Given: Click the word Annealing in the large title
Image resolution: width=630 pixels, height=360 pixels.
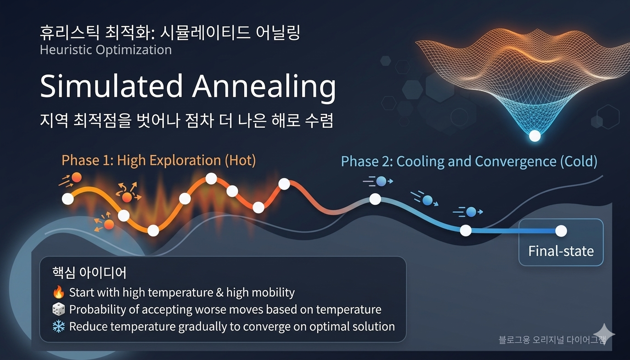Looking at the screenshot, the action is (x=264, y=87).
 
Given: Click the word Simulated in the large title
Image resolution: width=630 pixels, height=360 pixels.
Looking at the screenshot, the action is (x=112, y=85).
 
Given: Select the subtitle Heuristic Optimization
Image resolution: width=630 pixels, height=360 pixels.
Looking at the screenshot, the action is (x=106, y=50).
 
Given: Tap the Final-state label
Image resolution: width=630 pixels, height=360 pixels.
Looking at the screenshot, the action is (x=561, y=251).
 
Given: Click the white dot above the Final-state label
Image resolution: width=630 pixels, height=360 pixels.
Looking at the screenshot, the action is (x=561, y=231).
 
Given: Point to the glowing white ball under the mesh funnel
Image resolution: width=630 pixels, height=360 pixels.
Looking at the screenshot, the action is (x=534, y=136).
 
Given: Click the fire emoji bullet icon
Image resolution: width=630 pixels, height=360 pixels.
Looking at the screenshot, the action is (x=58, y=292).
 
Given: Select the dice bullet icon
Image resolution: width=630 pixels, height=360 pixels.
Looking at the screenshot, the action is (x=58, y=309).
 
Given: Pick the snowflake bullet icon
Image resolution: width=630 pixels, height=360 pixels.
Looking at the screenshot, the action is (x=58, y=326).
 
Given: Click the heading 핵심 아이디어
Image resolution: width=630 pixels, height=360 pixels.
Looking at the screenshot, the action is (x=89, y=273).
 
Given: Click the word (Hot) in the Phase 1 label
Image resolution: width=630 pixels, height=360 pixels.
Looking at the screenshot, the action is (x=240, y=161).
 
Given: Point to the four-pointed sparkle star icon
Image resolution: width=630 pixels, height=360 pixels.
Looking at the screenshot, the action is (x=604, y=334).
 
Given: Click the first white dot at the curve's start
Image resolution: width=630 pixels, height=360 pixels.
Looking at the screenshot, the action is (x=68, y=199).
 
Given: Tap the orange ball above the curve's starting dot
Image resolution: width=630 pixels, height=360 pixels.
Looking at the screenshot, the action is (x=77, y=177).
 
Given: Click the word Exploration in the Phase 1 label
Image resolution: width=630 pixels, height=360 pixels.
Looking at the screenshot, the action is (x=185, y=161).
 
